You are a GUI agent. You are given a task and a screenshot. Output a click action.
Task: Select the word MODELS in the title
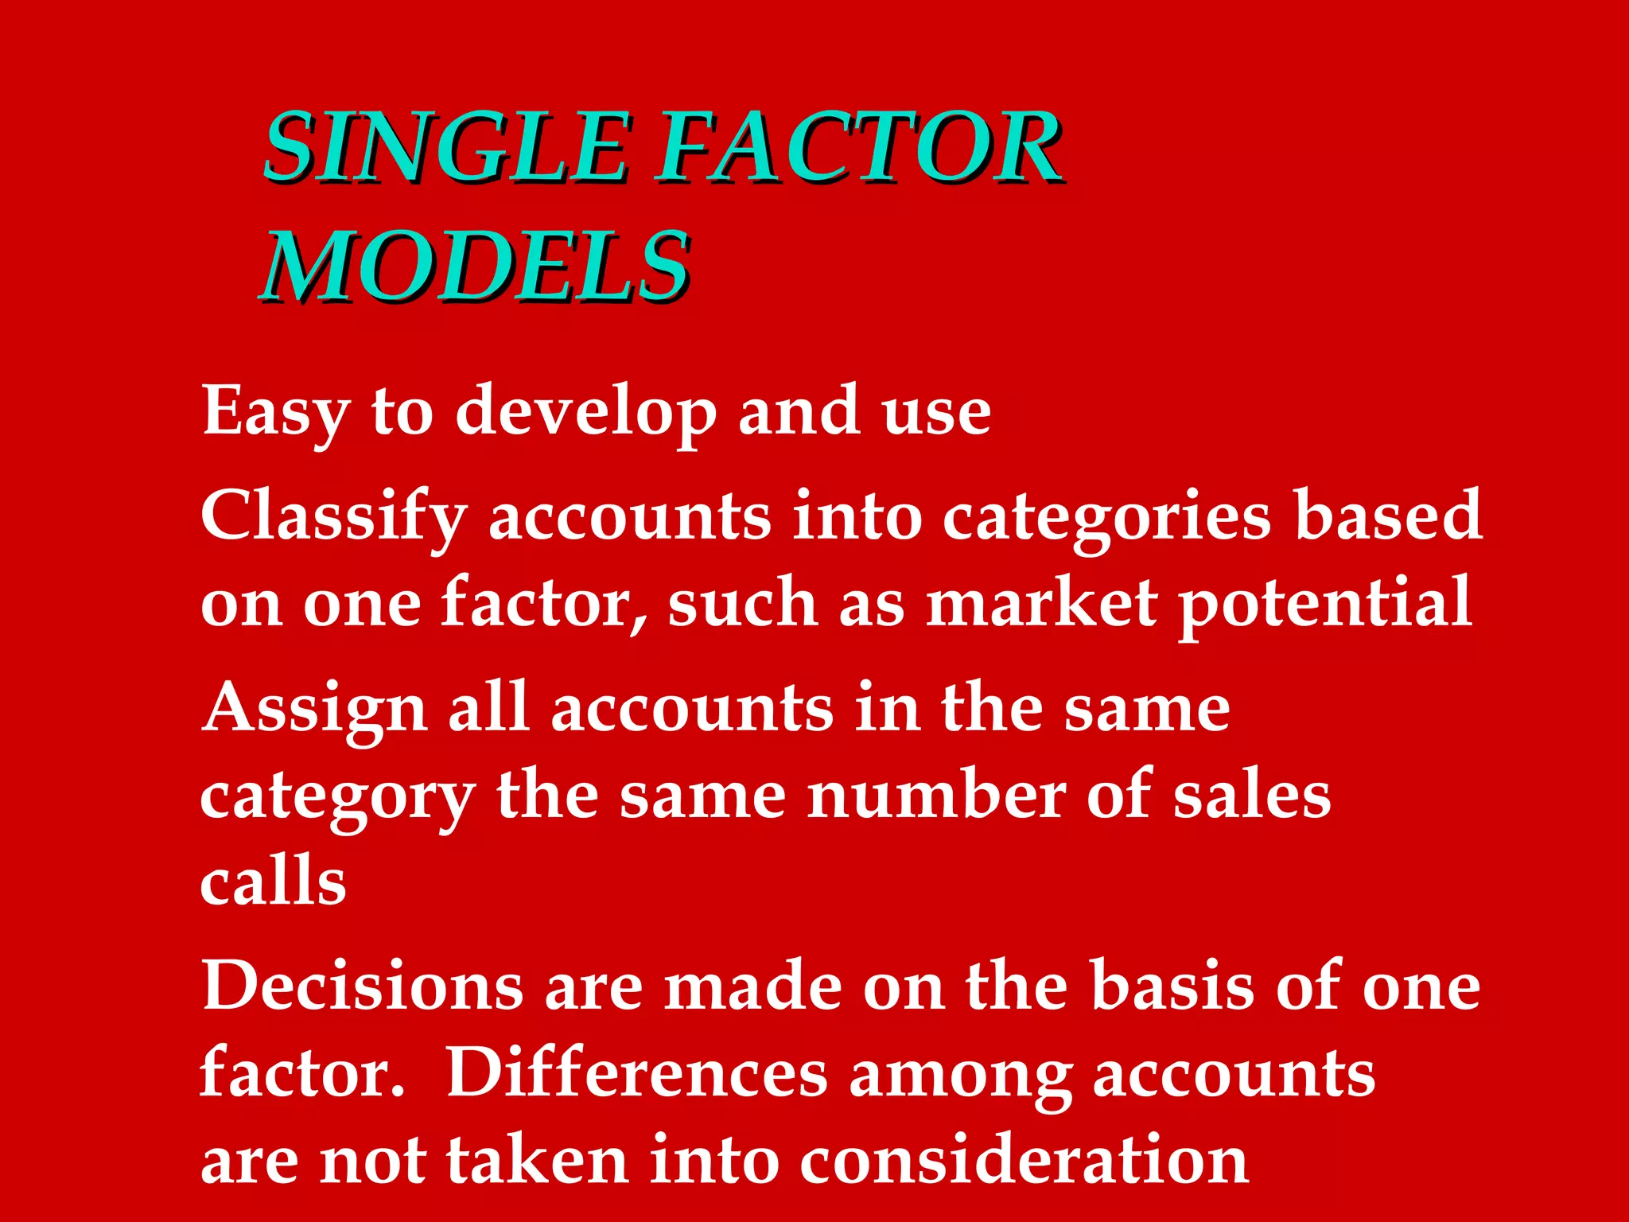475,267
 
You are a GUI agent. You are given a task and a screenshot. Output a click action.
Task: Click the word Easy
275,412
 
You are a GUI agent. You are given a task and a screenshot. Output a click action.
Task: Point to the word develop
585,412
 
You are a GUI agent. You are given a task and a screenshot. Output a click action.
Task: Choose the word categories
1106,517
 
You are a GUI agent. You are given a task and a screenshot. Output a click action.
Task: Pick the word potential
1324,605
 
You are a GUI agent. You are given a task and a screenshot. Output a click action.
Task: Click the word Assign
315,710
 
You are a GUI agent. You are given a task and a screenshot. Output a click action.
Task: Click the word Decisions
362,987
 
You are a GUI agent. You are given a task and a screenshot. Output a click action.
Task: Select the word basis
1172,987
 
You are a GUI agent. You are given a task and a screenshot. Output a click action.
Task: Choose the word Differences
636,1074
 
